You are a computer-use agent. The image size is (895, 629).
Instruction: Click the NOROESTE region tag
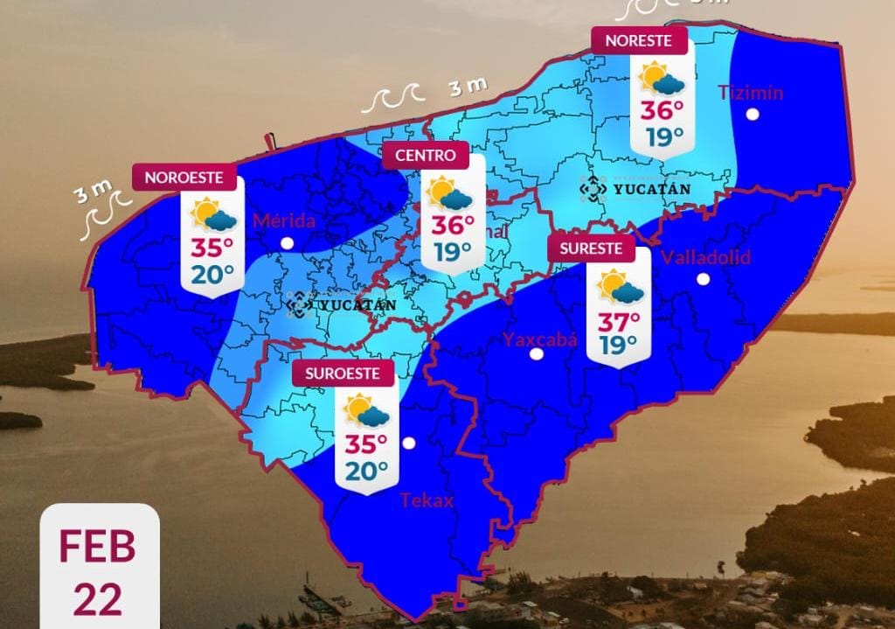[185, 178]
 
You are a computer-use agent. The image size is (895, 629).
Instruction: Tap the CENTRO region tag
[426, 156]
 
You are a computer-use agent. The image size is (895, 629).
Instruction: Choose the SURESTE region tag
[590, 248]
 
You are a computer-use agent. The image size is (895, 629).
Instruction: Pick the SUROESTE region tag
[342, 373]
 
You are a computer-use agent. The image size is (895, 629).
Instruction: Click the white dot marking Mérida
[287, 243]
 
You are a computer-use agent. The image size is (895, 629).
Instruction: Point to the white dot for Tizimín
[752, 115]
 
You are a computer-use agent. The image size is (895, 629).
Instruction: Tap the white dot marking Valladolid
[703, 279]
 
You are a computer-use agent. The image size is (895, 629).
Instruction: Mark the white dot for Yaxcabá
[537, 354]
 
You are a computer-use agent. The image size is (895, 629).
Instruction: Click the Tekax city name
[427, 500]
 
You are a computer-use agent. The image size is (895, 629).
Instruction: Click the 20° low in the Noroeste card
[212, 273]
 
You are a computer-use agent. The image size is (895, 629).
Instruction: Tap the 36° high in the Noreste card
[662, 111]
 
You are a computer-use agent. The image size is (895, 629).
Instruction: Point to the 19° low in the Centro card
[453, 252]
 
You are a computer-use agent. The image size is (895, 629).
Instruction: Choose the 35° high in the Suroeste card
[366, 444]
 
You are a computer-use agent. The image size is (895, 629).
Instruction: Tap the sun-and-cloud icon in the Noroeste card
[213, 214]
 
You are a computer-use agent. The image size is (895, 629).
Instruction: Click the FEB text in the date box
[98, 547]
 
